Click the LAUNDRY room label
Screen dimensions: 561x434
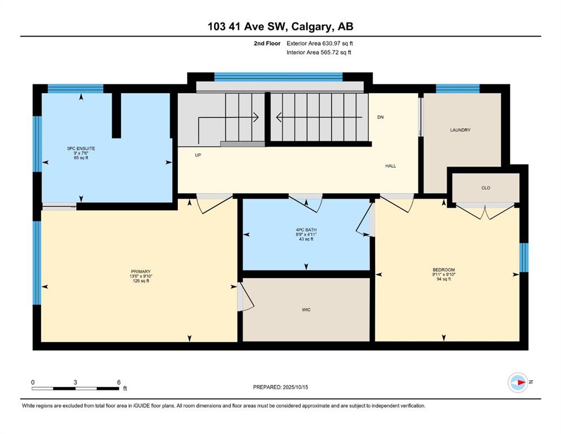pyautogui.click(x=460, y=130)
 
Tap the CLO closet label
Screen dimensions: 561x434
pyautogui.click(x=486, y=188)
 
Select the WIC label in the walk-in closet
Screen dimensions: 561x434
pyautogui.click(x=306, y=310)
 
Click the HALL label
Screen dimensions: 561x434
pyautogui.click(x=391, y=166)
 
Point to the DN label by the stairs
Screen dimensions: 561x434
pyautogui.click(x=380, y=117)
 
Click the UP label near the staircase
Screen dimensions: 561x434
pyautogui.click(x=198, y=155)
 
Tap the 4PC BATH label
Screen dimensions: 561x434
pyautogui.click(x=306, y=229)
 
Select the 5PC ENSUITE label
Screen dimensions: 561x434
pyautogui.click(x=81, y=148)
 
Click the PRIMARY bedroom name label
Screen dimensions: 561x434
pyautogui.click(x=141, y=271)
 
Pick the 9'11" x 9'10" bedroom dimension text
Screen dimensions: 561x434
pyautogui.click(x=443, y=275)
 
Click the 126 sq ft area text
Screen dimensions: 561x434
pyautogui.click(x=141, y=281)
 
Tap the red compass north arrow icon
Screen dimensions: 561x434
pyautogui.click(x=521, y=382)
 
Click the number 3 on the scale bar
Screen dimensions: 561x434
pyautogui.click(x=75, y=382)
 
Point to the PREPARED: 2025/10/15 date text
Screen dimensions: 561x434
pyautogui.click(x=280, y=387)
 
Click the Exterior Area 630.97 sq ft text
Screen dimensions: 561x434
pyautogui.click(x=320, y=44)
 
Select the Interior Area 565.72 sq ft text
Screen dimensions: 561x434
pyautogui.click(x=319, y=52)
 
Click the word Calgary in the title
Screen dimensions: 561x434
pyautogui.click(x=310, y=27)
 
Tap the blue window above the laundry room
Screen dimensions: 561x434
pyautogui.click(x=458, y=88)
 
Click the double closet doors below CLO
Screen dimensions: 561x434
pyautogui.click(x=485, y=211)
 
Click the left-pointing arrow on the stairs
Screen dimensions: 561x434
pyautogui.click(x=319, y=117)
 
